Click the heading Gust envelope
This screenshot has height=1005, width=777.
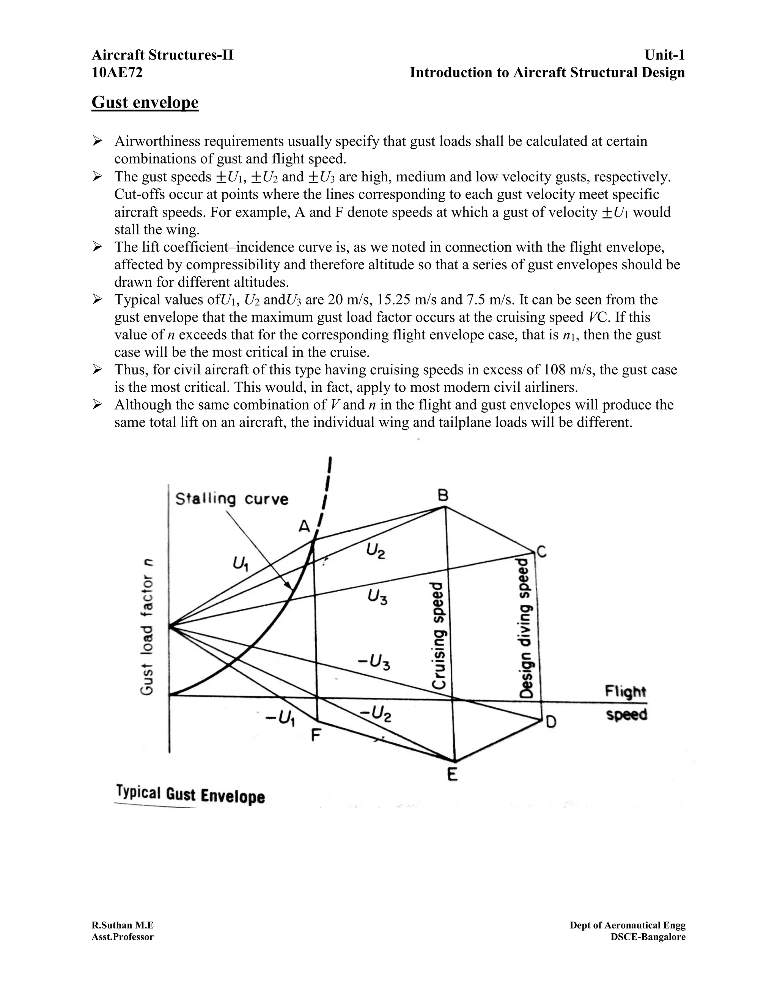[145, 102]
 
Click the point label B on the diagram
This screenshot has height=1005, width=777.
[443, 495]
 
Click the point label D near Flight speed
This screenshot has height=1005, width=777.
[551, 722]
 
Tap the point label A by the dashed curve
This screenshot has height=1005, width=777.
[304, 526]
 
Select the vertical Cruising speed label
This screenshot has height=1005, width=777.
[438, 635]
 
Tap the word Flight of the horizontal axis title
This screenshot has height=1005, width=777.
[625, 692]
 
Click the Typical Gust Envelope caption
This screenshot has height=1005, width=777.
[190, 795]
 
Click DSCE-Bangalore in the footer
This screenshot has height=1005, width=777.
[648, 937]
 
